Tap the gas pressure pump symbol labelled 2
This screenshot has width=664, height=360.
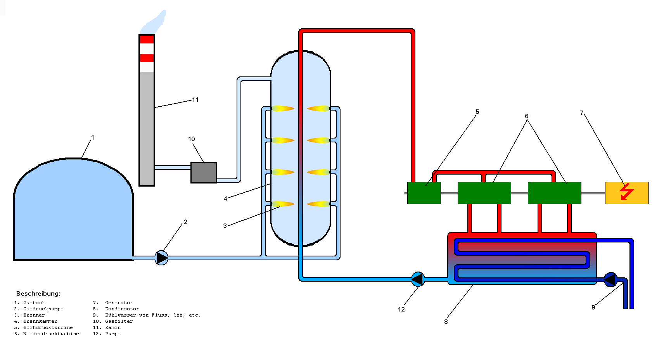[x=161, y=258]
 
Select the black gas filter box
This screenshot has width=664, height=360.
[x=204, y=173]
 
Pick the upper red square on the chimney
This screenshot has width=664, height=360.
[x=147, y=40]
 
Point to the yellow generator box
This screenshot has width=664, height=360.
[x=627, y=193]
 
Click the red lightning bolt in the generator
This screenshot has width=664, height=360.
[x=626, y=192]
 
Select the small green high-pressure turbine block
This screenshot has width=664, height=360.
[x=424, y=193]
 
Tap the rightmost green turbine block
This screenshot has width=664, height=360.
[x=554, y=193]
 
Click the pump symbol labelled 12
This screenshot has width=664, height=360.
[x=417, y=279]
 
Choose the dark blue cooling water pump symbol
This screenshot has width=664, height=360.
[x=610, y=279]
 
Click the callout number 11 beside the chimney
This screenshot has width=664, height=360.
[x=195, y=100]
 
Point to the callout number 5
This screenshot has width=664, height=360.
[x=477, y=112]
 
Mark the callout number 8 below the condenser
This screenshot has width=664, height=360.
[x=446, y=322]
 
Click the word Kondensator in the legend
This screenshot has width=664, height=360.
[x=122, y=309]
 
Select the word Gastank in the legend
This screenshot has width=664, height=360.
[x=34, y=303]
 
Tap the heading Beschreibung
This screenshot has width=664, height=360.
[x=38, y=294]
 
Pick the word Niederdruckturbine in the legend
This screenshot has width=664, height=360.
[x=51, y=334]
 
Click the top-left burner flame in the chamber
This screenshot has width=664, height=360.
[x=282, y=109]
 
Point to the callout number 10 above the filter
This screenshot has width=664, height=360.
[x=191, y=139]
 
